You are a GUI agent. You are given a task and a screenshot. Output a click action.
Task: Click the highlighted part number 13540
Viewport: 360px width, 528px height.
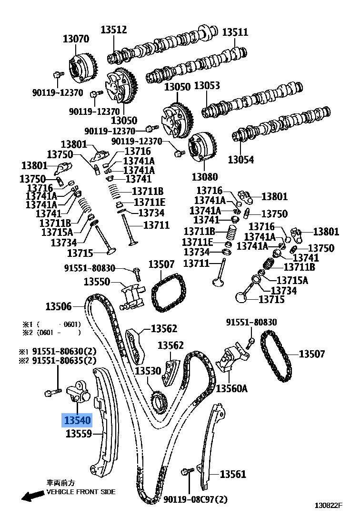[77, 421]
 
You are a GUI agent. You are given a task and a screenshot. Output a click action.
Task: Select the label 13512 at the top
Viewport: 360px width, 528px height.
[113, 30]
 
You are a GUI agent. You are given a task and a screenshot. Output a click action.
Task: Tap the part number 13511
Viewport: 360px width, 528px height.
[235, 32]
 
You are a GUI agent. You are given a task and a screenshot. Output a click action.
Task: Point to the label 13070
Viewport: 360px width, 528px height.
[76, 39]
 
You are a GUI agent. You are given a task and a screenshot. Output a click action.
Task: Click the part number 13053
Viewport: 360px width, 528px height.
[207, 86]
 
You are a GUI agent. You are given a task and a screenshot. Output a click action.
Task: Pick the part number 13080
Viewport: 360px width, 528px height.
[205, 177]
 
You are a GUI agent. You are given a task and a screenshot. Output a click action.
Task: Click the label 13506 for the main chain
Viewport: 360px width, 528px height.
[59, 306]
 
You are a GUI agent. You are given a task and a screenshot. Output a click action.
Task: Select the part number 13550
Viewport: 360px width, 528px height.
[97, 282]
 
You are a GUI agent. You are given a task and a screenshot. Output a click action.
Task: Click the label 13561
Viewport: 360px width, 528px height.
[233, 474]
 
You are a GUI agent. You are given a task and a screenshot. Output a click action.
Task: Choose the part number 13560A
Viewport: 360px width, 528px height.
[232, 388]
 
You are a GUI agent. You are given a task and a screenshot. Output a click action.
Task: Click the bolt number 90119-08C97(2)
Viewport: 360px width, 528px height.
[195, 499]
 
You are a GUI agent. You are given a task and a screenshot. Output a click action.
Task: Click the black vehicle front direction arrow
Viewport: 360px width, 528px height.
[32, 496]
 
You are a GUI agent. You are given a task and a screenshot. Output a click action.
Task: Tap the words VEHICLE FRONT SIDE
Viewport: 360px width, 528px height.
[80, 492]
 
